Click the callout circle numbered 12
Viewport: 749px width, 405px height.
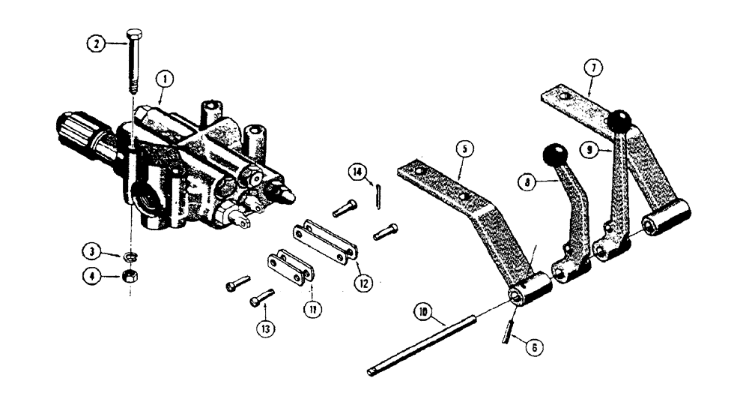(364, 284)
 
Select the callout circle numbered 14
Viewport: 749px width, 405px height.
(358, 172)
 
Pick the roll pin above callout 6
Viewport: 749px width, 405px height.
(509, 329)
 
